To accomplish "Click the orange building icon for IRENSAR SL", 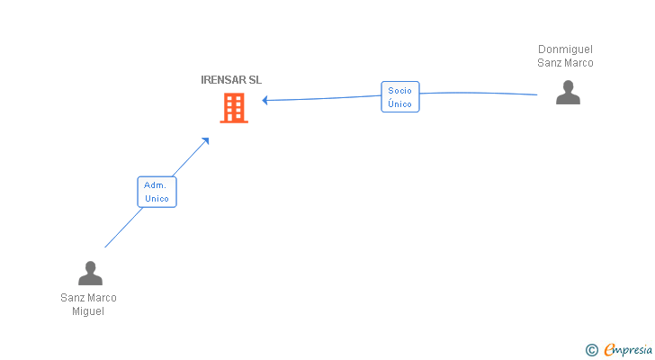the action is [x=234, y=108].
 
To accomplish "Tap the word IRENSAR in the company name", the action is [x=223, y=80].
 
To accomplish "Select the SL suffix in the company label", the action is [x=256, y=80].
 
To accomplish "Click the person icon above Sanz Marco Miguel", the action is [x=90, y=273].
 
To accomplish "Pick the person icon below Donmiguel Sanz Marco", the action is [x=568, y=93].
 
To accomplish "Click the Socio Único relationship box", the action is [x=400, y=97].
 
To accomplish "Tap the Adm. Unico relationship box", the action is [x=157, y=192].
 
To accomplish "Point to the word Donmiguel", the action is [x=565, y=49].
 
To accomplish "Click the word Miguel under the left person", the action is [x=88, y=311].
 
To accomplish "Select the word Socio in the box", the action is [x=399, y=91].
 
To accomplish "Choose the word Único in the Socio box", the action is [x=399, y=103].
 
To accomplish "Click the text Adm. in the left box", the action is [x=155, y=185].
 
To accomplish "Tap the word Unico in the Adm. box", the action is [x=157, y=198].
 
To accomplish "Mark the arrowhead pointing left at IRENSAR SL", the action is [x=265, y=100].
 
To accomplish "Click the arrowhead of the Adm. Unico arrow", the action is [x=205, y=141].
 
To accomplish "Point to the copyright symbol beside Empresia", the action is [x=591, y=350].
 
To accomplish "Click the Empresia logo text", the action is [x=628, y=350].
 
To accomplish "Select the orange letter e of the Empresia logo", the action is [x=609, y=349].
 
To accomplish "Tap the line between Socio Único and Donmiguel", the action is [x=479, y=93].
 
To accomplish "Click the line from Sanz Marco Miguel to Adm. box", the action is [x=123, y=228].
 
